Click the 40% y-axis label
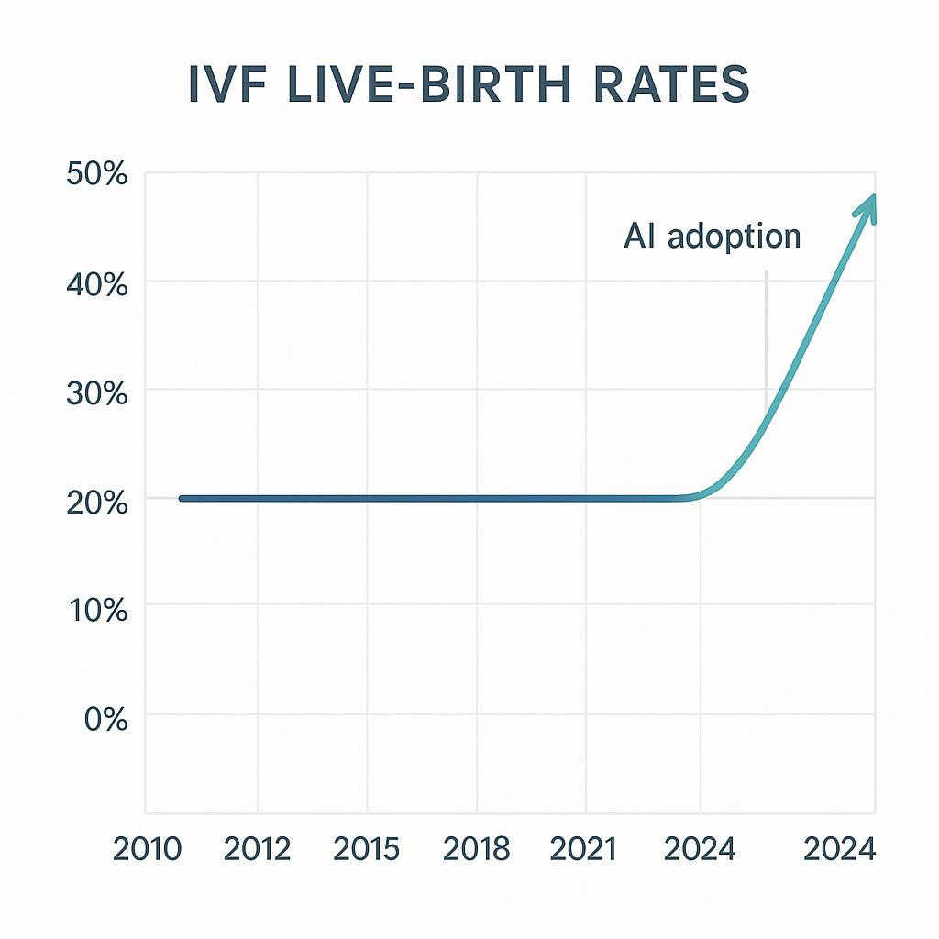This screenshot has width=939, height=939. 97,283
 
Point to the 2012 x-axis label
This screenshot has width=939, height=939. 258,850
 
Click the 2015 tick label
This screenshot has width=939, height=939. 367,850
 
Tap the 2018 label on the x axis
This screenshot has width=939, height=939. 477,850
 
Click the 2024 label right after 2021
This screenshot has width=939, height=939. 700,850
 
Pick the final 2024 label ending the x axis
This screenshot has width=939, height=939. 839,850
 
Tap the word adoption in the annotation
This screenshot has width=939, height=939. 734,238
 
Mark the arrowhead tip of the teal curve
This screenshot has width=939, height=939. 873,197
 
